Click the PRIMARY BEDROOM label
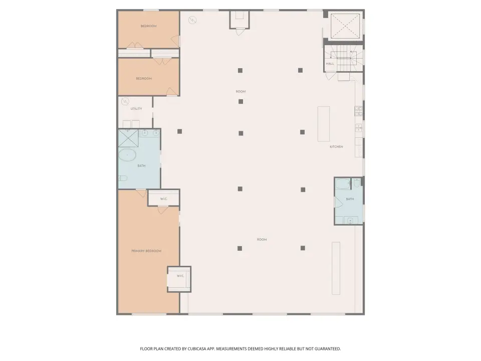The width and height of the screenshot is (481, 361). tap(146, 251)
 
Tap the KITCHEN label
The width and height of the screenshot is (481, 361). tap(336, 147)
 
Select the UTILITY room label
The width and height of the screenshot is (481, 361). tap(136, 109)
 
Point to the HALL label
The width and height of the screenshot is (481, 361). tap(330, 64)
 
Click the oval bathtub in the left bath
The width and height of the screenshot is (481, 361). tap(127, 155)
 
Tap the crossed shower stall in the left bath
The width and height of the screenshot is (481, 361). tap(129, 138)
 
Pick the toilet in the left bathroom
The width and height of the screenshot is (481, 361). tap(123, 178)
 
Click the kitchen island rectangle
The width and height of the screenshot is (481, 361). tap(324, 124)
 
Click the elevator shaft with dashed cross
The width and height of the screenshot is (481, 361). tap(345, 27)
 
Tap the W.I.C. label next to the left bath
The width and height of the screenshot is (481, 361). tap(164, 199)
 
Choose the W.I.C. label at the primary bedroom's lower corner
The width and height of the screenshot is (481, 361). tap(180, 276)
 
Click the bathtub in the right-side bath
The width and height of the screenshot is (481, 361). tap(342, 184)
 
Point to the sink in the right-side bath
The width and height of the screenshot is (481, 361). tap(350, 220)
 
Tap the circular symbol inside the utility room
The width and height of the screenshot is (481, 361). tap(125, 101)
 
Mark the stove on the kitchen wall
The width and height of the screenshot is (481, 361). tap(359, 111)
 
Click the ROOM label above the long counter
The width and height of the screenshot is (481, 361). tap(262, 240)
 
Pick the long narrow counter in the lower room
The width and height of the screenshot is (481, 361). tap(336, 268)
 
